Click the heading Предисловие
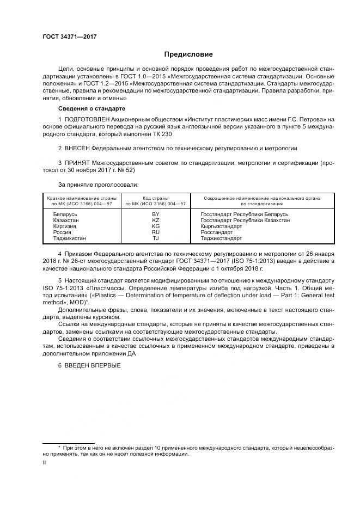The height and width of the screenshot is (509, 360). coord(188,54)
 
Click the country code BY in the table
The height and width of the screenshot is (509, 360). coord(155,215)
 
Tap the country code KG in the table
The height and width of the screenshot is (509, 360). coord(155,226)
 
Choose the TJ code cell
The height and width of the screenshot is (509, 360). coord(155,238)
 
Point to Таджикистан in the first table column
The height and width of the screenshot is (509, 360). coord(69,238)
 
